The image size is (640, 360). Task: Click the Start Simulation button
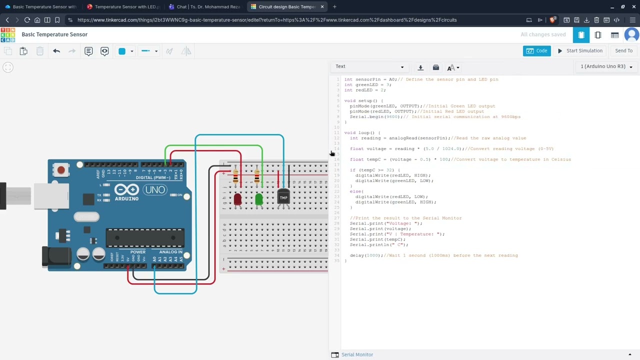580,50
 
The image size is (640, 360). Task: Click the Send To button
623,50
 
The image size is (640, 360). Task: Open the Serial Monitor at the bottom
357,354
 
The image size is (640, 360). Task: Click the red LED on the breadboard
237,199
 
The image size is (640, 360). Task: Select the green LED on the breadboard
258,199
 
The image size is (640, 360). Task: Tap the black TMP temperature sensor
283,197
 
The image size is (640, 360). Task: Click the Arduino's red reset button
61,170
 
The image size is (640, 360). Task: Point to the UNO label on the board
154,190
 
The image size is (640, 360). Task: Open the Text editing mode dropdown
370,66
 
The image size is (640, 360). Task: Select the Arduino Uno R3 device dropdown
606,66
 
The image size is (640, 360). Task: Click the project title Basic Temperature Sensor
54,34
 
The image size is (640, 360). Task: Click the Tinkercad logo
8,34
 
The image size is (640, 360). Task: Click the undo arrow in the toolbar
56,51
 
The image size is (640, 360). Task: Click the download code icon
420,67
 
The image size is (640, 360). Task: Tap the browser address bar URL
267,20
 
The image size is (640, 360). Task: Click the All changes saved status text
543,34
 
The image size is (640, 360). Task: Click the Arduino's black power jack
56,256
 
